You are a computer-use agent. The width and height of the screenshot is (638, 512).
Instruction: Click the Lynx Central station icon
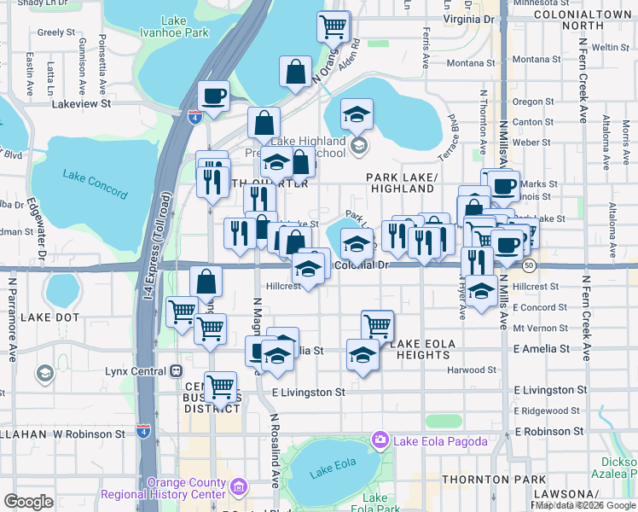point(177,371)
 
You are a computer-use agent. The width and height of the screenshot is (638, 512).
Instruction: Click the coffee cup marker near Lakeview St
point(213,96)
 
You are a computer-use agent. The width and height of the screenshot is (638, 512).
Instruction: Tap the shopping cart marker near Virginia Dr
point(333,26)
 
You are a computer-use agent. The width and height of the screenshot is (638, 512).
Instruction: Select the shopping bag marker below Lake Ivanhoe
point(295,73)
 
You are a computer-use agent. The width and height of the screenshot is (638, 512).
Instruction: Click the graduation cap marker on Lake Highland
point(357,114)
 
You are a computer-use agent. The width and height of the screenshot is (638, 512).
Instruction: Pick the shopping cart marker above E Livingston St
point(221,387)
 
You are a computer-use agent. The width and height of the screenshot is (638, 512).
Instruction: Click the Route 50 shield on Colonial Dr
point(529,265)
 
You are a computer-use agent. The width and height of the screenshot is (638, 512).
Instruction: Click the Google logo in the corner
point(28,502)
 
